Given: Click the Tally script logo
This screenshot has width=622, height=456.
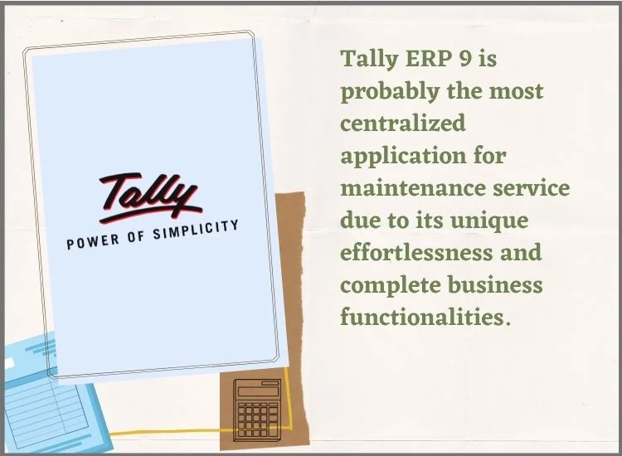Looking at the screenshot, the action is [x=150, y=197].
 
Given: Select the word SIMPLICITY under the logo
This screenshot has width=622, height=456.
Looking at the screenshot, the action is [x=196, y=230].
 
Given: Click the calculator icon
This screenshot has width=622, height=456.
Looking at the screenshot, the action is [x=257, y=410].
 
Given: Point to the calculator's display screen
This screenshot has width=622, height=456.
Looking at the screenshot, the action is [x=258, y=391].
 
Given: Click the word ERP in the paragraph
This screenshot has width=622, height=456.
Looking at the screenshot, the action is [x=429, y=58].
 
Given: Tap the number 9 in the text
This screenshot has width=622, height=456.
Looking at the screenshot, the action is [x=466, y=59].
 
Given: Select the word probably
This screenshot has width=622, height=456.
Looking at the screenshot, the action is [x=390, y=92].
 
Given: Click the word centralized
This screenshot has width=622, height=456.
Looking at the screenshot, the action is [x=402, y=123].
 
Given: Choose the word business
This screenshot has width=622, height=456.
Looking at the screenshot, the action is [x=495, y=284].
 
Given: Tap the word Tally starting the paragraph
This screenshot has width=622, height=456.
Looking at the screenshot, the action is [x=369, y=59].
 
